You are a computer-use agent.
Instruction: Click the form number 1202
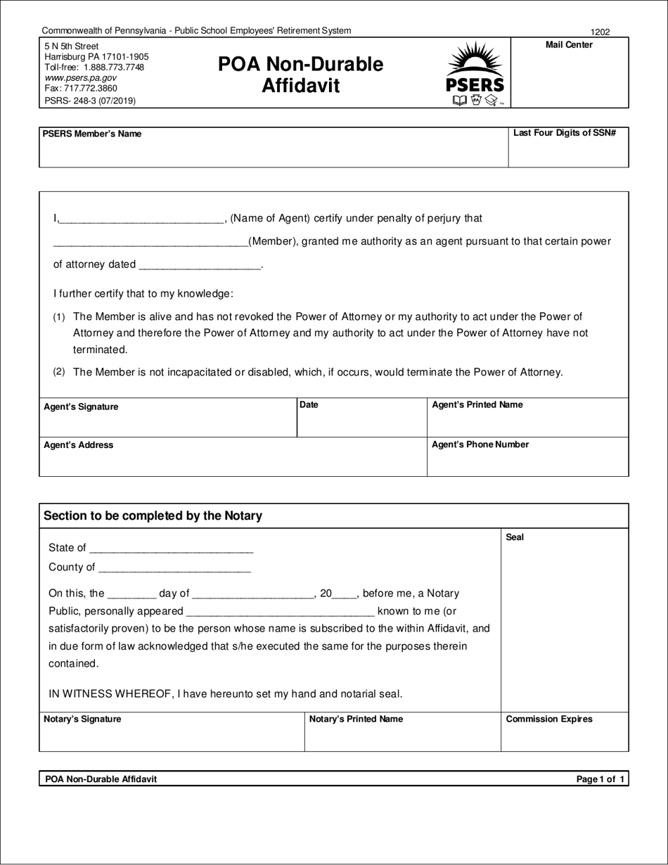(x=600, y=32)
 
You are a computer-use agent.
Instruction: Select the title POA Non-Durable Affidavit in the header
(x=301, y=75)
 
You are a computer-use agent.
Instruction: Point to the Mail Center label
(x=569, y=45)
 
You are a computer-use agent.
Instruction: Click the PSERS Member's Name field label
(x=92, y=134)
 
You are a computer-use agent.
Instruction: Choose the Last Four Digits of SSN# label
(x=565, y=133)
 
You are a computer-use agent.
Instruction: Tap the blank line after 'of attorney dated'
(x=200, y=266)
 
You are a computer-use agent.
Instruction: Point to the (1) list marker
(x=59, y=318)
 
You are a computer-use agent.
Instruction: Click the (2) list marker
(x=59, y=371)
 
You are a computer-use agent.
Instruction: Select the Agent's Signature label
(x=81, y=407)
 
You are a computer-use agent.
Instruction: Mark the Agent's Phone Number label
(x=480, y=444)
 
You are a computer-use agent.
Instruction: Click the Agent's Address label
(x=78, y=445)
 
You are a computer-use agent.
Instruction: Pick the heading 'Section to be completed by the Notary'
(x=153, y=515)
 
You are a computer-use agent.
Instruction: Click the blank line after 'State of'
(x=172, y=549)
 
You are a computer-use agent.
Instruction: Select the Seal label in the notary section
(x=515, y=537)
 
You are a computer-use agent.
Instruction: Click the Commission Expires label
(x=549, y=719)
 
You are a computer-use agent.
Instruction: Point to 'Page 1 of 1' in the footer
(x=600, y=779)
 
